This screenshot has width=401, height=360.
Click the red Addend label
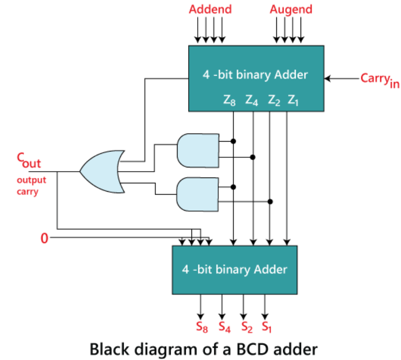210,10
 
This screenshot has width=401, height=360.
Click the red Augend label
291,10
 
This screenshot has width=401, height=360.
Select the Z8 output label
230,100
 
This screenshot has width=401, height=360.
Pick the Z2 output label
273,100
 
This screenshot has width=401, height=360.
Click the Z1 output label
293,100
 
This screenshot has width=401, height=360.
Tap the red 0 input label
45,238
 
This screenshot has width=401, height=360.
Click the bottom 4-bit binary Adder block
235,269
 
